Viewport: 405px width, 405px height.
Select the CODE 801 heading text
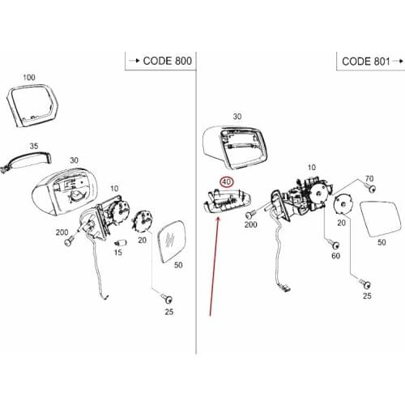pyautogui.click(x=366, y=61)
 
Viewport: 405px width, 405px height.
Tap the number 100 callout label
pyautogui.click(x=29, y=78)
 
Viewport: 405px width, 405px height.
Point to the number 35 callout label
pyautogui.click(x=34, y=147)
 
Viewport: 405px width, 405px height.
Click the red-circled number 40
pyautogui.click(x=228, y=183)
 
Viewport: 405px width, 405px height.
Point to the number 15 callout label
pyautogui.click(x=118, y=254)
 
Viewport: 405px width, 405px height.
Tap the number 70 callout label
pyautogui.click(x=369, y=178)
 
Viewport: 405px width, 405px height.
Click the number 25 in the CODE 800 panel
pyautogui.click(x=168, y=312)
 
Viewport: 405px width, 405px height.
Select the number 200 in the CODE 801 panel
pyautogui.click(x=250, y=224)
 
